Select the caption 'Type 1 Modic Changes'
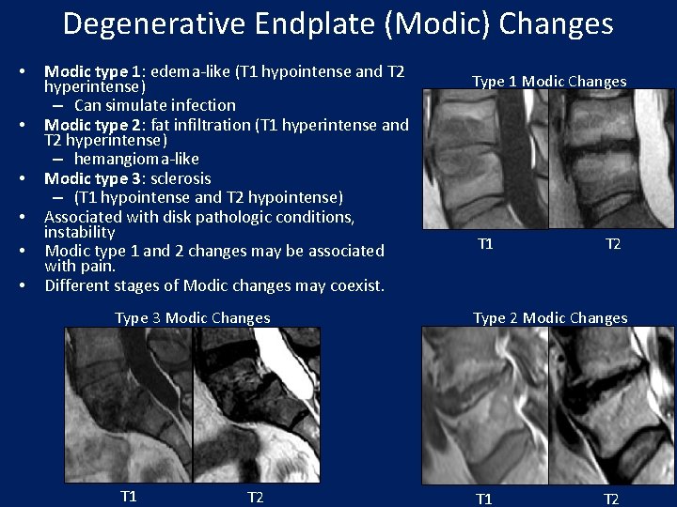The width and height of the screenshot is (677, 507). pyautogui.click(x=549, y=82)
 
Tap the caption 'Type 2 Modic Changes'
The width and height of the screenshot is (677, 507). pyautogui.click(x=550, y=318)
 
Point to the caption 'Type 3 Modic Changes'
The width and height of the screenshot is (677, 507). pyautogui.click(x=193, y=318)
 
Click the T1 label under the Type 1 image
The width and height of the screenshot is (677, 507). pyautogui.click(x=485, y=244)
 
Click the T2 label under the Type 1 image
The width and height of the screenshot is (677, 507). pyautogui.click(x=613, y=244)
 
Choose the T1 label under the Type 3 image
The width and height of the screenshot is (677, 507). pyautogui.click(x=129, y=496)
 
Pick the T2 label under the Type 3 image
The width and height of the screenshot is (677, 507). pyautogui.click(x=255, y=497)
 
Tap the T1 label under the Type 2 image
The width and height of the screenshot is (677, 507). pyautogui.click(x=484, y=499)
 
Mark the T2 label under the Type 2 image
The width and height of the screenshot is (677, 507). pyautogui.click(x=611, y=499)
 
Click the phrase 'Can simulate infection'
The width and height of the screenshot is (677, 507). pyautogui.click(x=155, y=105)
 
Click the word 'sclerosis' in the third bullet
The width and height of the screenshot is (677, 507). pyautogui.click(x=180, y=178)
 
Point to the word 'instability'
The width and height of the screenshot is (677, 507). pyautogui.click(x=79, y=232)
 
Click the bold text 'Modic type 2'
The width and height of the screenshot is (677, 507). pyautogui.click(x=89, y=125)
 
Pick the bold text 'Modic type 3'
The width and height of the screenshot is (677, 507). pyautogui.click(x=89, y=178)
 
